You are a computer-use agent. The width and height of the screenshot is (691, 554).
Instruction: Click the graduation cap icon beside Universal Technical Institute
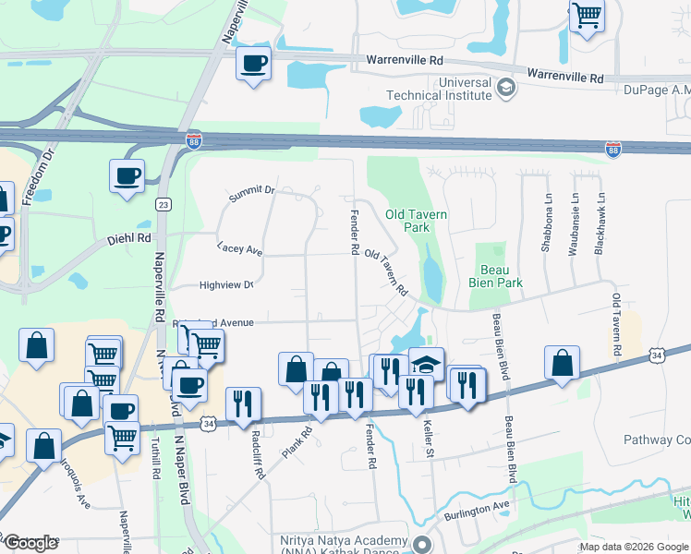point(505,89)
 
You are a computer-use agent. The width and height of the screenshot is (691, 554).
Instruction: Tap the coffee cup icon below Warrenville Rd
point(253,64)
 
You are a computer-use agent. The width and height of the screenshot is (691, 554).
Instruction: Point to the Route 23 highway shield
point(163,204)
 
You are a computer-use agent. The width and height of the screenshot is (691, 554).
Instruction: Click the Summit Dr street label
point(251,191)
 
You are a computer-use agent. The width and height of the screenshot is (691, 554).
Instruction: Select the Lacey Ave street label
point(240,250)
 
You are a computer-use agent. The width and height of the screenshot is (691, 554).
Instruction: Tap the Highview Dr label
point(226,285)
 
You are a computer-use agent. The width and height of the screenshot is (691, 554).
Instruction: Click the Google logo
point(30,542)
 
